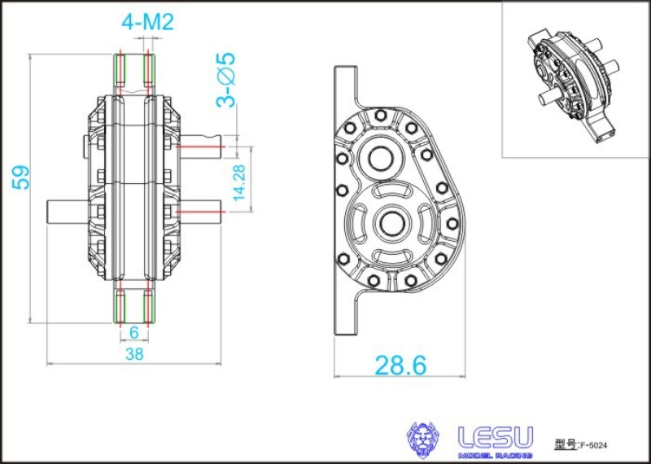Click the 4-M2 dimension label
tap(147, 23)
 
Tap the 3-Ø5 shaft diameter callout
tap(225, 80)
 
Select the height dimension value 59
tap(21, 177)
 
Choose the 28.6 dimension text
tap(400, 366)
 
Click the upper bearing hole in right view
tap(379, 156)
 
